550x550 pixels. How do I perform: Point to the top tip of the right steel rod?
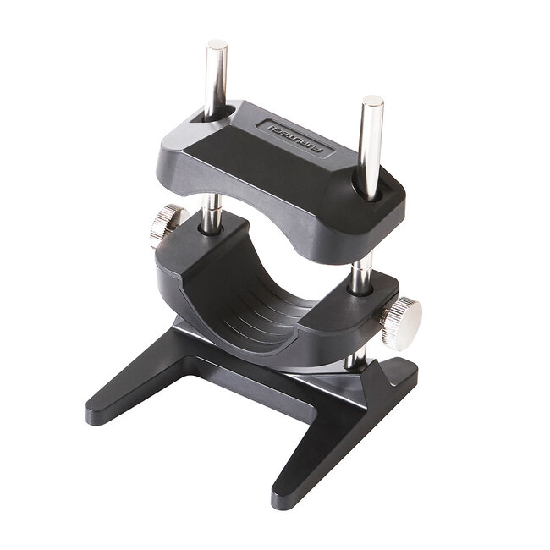(372, 103)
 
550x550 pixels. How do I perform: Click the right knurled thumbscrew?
(400, 322)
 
